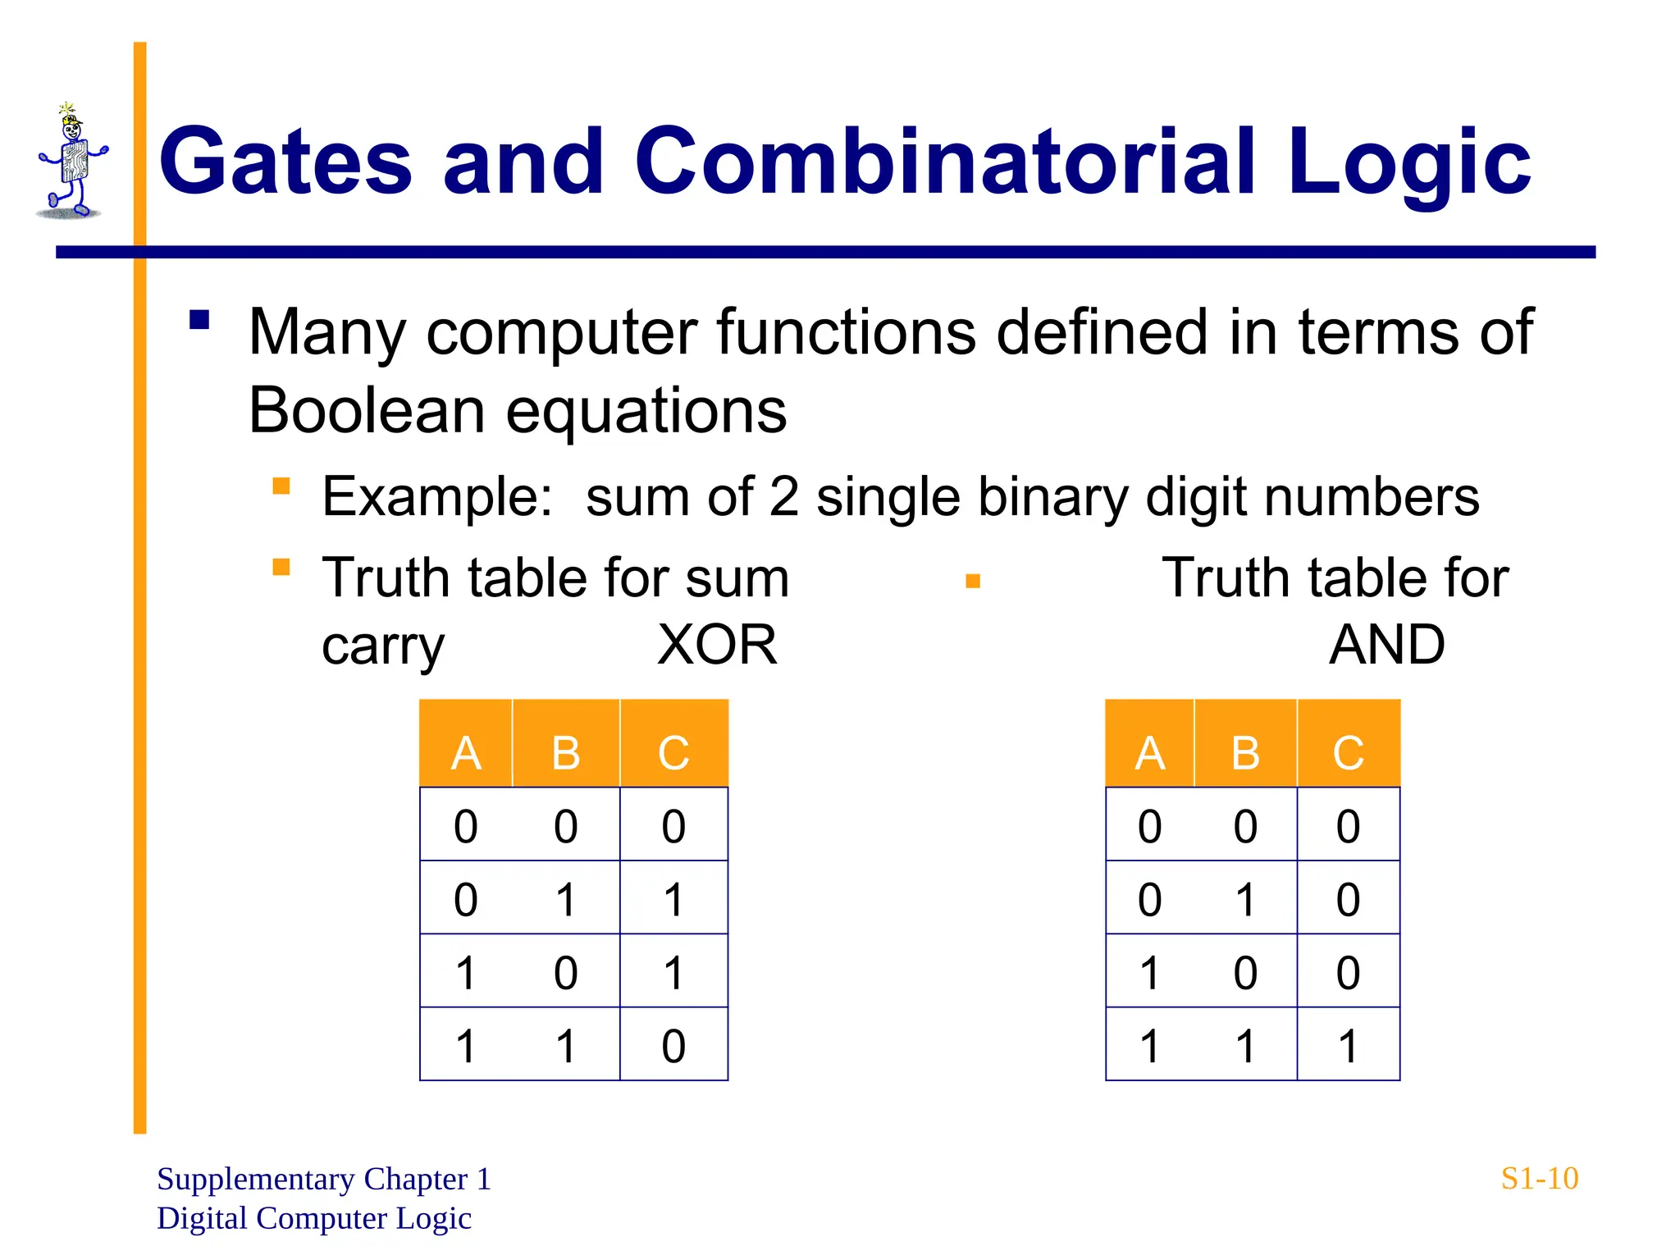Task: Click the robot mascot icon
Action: point(71,163)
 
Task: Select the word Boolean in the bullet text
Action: point(366,409)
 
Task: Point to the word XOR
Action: point(717,645)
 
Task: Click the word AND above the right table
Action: point(1386,645)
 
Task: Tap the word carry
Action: point(382,646)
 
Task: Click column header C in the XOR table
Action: point(673,752)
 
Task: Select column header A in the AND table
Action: point(1149,752)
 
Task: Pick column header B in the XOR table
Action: point(566,752)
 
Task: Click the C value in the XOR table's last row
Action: point(673,1046)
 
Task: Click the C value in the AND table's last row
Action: point(1348,1046)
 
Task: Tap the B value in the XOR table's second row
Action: point(566,899)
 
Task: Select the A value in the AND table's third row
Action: point(1149,973)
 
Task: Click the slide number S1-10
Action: point(1539,1179)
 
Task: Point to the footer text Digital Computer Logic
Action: point(314,1218)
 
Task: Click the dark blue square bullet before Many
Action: point(199,319)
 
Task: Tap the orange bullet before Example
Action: point(281,486)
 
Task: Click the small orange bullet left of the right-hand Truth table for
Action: point(973,582)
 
